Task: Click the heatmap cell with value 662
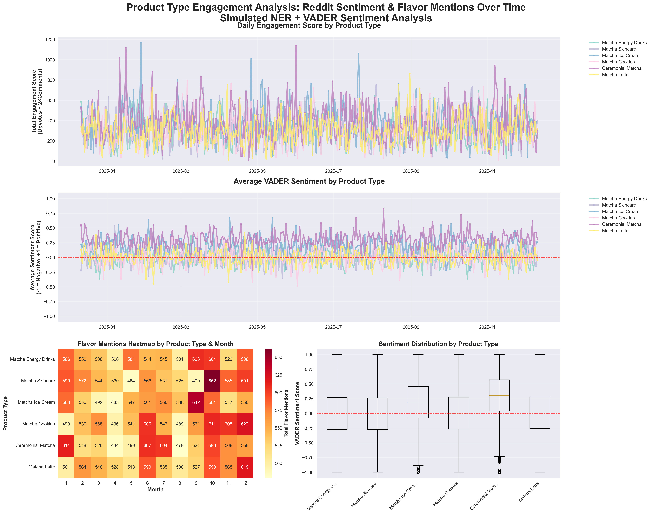pos(212,381)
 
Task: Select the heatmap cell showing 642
pos(196,402)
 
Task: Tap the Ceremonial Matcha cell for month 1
pos(66,445)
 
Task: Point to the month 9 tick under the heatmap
pos(196,483)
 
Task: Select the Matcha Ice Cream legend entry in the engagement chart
pos(620,55)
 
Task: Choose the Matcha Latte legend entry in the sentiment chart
pos(615,231)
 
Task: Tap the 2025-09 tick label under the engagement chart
pos(411,171)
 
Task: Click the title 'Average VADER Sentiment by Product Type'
pos(309,181)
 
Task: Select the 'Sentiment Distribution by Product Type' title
pos(438,344)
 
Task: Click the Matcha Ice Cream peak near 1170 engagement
pos(141,43)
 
